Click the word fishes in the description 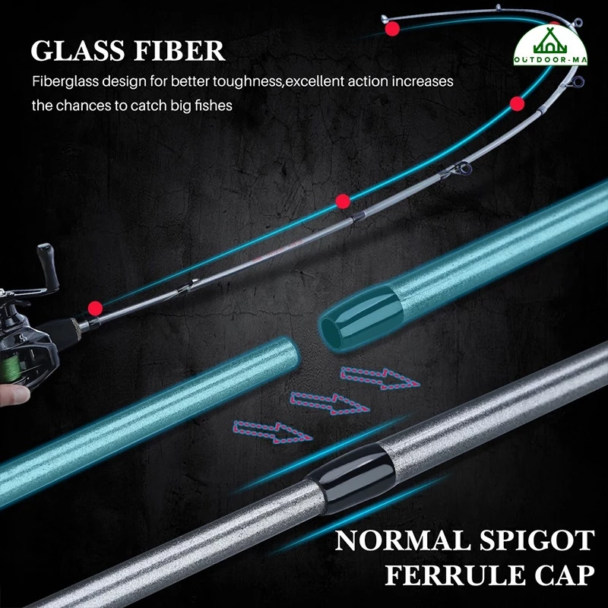point(212,105)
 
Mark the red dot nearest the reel point(95,308)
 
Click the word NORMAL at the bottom point(397,542)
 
